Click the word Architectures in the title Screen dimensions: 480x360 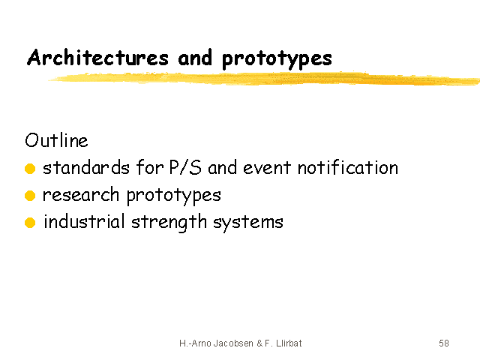click(x=98, y=57)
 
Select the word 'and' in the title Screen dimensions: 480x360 click(x=195, y=57)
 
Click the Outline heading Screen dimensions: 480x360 click(x=57, y=140)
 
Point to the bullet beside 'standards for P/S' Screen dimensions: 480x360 click(x=30, y=168)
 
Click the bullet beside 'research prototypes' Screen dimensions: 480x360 click(x=30, y=195)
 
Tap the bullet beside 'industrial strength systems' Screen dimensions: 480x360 click(x=30, y=223)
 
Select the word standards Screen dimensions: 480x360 click(x=86, y=167)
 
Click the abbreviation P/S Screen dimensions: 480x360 click(x=185, y=167)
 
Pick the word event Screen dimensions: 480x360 click(x=267, y=168)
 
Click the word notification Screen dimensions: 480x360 click(x=348, y=167)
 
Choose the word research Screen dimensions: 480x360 click(x=81, y=195)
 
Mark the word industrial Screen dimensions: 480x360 click(x=84, y=221)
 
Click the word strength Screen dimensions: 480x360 click(x=169, y=223)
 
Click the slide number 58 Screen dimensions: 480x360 click(x=444, y=343)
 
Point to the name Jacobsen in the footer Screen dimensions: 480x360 click(x=233, y=343)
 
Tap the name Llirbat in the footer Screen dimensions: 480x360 click(x=289, y=343)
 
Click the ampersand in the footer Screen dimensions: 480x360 click(x=259, y=343)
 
